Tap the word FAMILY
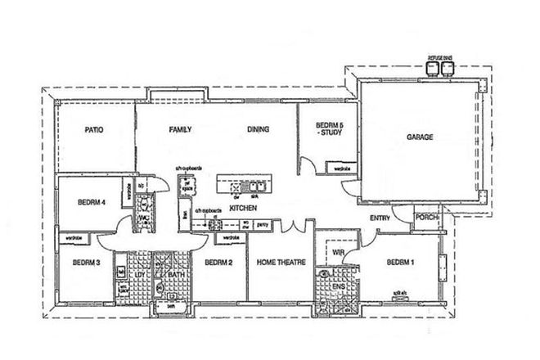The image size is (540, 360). [180, 129]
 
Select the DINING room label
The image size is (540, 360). [259, 129]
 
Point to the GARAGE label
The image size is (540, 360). [420, 137]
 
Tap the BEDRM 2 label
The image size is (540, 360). [219, 263]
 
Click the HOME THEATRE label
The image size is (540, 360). [281, 263]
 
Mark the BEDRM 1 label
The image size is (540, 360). [400, 263]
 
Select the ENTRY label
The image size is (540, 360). [380, 218]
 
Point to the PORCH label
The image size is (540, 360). [427, 218]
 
